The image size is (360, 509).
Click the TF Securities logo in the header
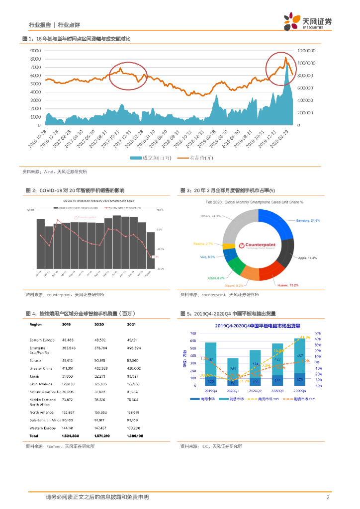coord(308,22)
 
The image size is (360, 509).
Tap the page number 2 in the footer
coord(328,497)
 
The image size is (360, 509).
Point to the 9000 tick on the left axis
coord(35,51)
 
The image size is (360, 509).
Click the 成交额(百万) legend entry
coord(152,158)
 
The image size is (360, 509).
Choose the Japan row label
coord(35,377)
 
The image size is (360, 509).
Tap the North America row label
coord(41,412)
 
